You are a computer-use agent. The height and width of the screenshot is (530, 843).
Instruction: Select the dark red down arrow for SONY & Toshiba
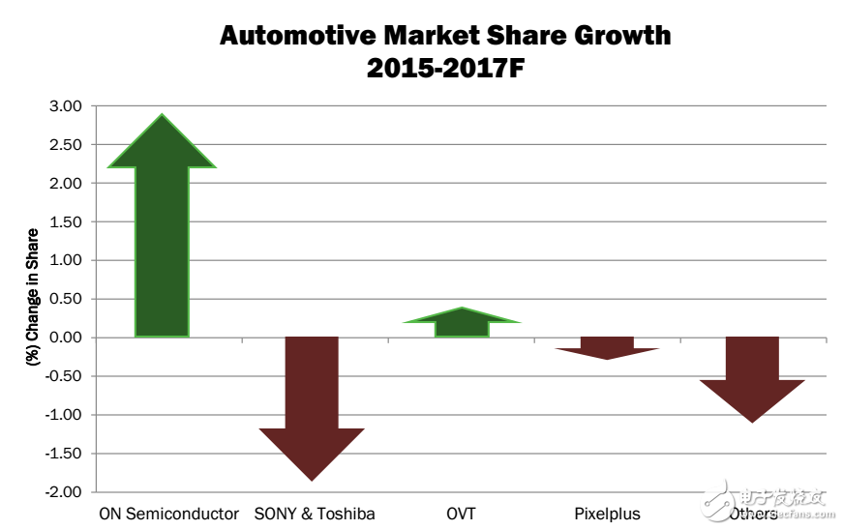(x=312, y=406)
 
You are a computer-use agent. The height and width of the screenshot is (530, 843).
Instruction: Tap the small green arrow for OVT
(x=462, y=323)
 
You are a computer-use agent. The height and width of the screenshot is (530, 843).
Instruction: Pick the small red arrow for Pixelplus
(x=607, y=346)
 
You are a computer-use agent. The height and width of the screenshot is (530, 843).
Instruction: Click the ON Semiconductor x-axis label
(x=168, y=514)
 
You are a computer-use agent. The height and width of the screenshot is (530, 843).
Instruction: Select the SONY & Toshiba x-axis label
(x=315, y=514)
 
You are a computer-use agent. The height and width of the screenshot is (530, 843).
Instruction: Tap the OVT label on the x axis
(x=462, y=514)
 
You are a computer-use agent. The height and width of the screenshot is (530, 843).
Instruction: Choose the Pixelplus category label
(x=607, y=514)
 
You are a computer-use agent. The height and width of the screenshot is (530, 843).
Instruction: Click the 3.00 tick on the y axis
(x=67, y=105)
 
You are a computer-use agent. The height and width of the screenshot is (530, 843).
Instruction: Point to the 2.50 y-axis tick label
(x=67, y=144)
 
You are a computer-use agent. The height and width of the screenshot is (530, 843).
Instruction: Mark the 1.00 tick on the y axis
(x=67, y=260)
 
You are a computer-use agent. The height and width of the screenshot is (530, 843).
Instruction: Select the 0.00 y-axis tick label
(x=67, y=338)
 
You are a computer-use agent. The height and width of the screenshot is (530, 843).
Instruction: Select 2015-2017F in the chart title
(x=444, y=68)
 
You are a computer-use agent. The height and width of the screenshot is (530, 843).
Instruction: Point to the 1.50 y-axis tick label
(x=67, y=221)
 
